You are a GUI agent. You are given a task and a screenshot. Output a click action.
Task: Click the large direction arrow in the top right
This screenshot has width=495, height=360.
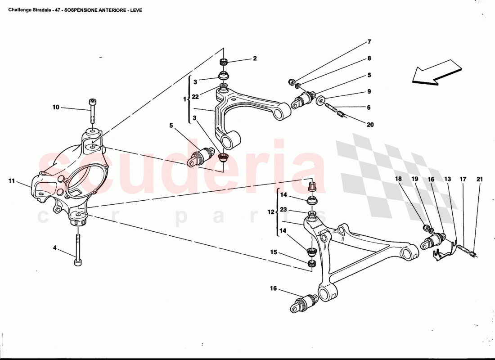436,72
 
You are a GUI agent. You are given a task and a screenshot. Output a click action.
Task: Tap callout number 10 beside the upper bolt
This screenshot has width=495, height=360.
56,108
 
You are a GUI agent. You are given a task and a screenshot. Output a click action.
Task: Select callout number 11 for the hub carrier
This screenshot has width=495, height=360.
12,181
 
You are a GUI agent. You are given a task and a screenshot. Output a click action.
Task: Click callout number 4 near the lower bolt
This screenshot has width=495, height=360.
55,247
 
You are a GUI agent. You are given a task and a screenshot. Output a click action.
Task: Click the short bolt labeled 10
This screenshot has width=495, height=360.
92,110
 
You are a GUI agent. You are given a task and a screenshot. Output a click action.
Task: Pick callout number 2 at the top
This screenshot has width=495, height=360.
255,58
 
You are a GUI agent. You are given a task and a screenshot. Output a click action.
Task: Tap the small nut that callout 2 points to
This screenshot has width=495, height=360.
224,62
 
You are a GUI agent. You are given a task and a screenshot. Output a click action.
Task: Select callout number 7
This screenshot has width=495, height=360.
369,42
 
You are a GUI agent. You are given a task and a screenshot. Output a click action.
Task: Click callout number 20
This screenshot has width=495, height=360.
370,125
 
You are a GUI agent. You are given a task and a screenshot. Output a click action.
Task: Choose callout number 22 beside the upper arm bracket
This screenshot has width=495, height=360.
195,97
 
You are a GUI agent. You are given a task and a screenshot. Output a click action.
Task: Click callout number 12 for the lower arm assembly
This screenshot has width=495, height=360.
271,211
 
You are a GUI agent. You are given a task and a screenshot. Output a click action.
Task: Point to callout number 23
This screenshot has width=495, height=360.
283,209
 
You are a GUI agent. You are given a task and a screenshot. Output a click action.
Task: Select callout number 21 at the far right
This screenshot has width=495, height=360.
480,179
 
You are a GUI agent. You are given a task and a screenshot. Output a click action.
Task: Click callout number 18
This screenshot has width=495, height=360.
398,179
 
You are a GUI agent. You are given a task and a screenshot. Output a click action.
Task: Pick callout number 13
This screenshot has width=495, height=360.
447,179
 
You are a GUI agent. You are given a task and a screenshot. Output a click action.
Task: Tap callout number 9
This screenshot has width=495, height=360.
369,91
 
